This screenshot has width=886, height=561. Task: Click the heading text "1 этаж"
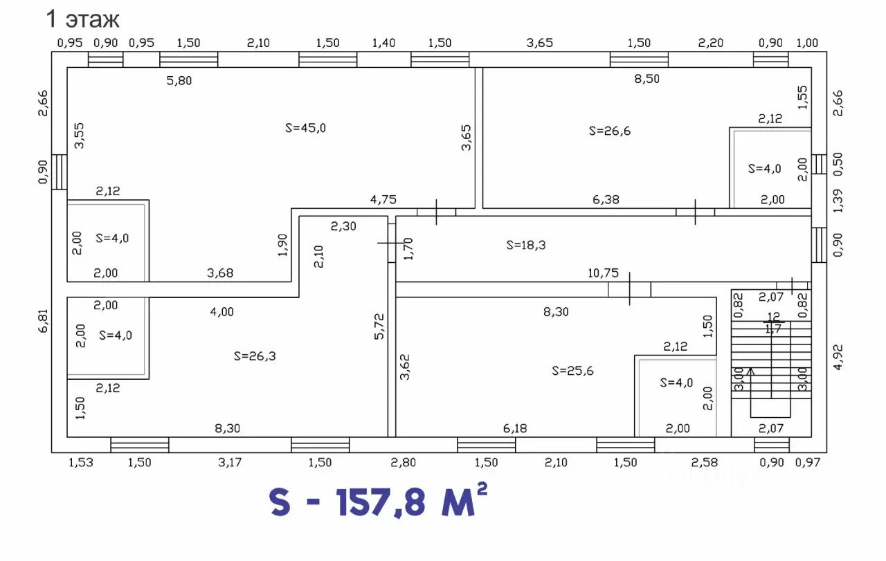82,19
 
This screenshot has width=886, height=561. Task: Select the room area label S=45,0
305,128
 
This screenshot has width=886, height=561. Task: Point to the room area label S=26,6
610,131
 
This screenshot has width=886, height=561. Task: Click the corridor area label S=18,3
525,245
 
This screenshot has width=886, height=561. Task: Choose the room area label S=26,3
255,356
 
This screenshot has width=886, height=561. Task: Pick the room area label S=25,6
572,371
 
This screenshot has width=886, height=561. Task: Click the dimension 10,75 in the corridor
603,273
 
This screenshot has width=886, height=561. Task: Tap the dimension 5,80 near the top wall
179,81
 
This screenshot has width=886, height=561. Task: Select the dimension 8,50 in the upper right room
647,79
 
